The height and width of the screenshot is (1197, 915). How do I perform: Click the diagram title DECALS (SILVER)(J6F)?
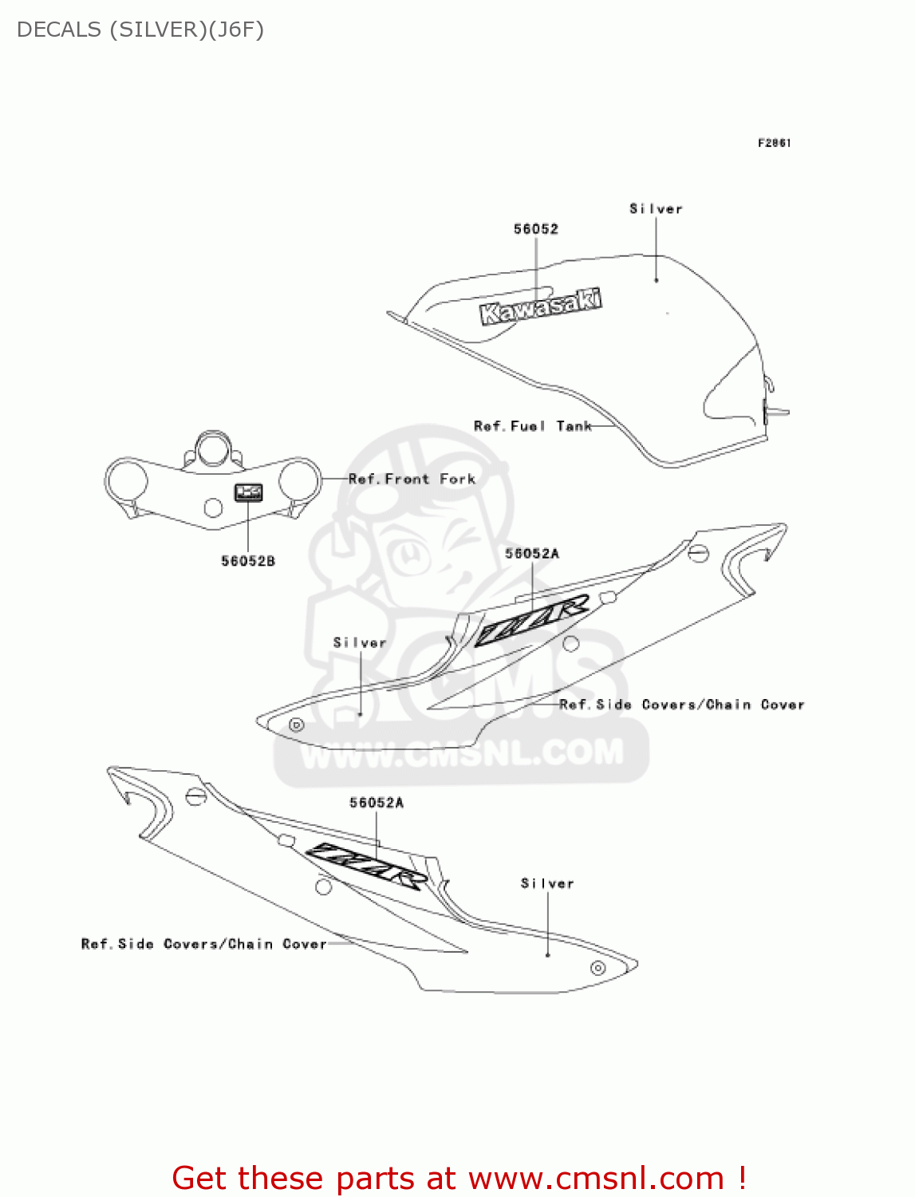click(140, 30)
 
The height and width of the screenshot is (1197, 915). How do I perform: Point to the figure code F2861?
click(774, 143)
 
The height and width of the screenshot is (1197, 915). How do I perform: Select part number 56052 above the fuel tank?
click(535, 229)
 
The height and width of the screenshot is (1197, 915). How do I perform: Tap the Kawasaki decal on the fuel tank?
click(540, 307)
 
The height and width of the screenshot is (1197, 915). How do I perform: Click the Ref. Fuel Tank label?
click(532, 426)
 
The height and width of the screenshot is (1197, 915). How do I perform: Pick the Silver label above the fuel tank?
click(656, 209)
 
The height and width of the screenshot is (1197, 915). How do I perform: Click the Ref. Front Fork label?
click(412, 479)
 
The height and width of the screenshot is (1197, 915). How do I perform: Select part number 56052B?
click(248, 561)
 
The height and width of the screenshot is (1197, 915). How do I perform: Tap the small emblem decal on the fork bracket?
click(248, 492)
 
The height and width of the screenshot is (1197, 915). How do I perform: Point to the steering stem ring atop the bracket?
click(214, 450)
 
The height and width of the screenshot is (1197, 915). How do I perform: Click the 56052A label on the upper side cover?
click(532, 553)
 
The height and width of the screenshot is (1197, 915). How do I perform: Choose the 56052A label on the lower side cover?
click(377, 803)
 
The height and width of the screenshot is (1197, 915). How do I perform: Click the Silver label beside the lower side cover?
click(547, 883)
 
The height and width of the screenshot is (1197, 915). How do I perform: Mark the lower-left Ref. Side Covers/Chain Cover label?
click(203, 944)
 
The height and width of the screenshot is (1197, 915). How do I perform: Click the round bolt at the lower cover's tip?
click(598, 968)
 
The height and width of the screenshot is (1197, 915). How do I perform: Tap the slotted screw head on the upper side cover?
click(698, 552)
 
